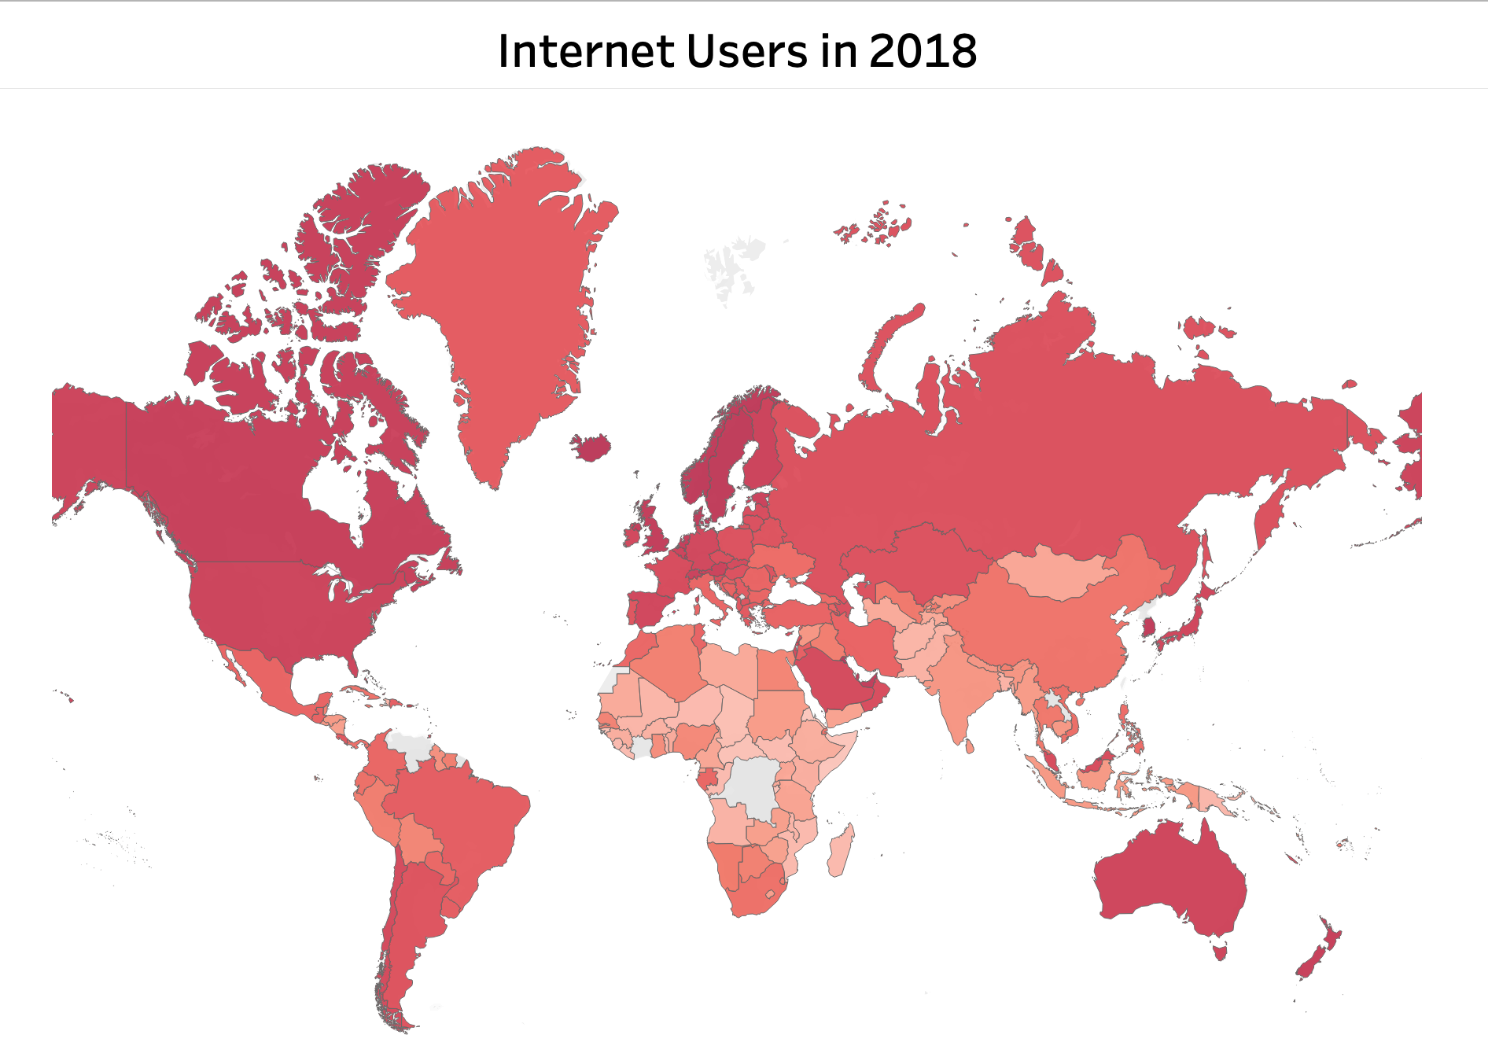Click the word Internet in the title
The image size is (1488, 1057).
(587, 52)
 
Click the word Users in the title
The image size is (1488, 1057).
(746, 52)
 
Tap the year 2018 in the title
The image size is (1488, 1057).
(923, 52)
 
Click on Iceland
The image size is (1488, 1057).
(591, 447)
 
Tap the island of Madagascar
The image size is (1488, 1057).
(840, 853)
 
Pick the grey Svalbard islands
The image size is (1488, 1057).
(731, 267)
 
